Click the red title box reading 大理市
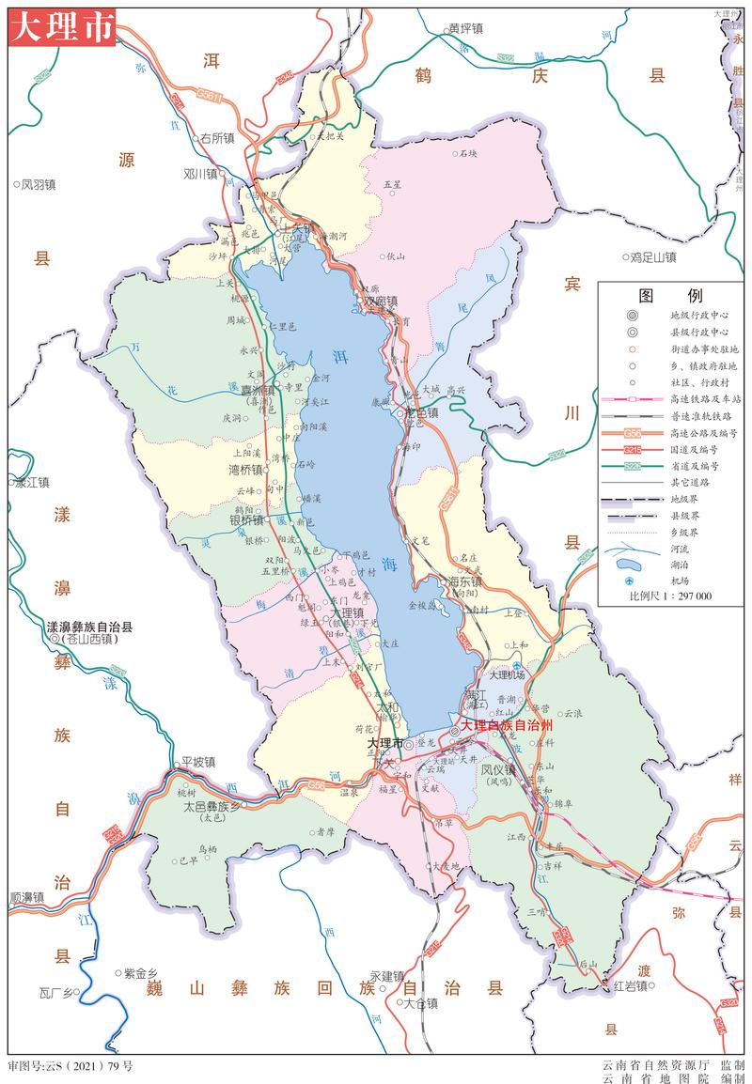tap(62, 26)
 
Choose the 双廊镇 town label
tap(381, 302)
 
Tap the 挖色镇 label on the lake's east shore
tap(420, 411)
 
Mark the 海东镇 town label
tap(465, 581)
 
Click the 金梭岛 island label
tap(424, 607)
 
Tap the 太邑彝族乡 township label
tap(212, 806)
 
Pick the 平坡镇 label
tap(198, 762)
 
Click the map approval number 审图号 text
tap(70, 1067)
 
